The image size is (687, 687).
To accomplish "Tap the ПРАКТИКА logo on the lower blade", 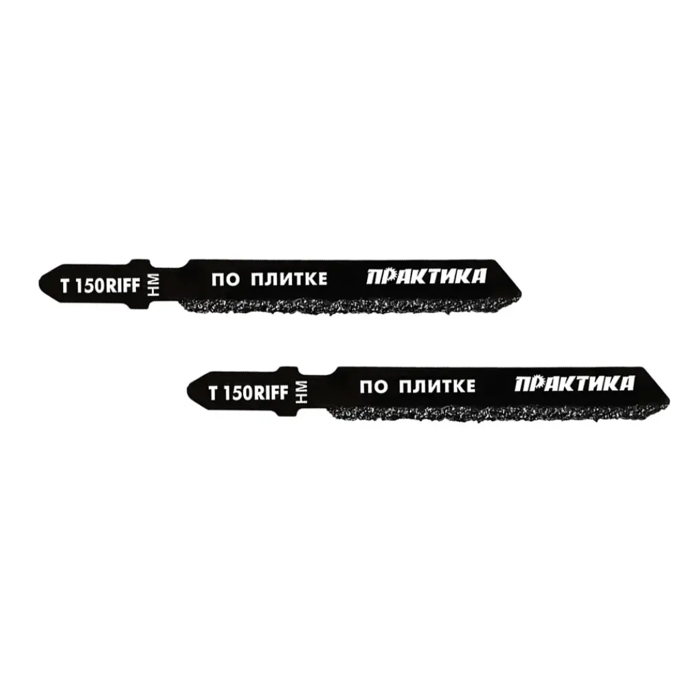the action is (x=574, y=384).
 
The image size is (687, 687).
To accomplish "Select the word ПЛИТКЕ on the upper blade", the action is (x=289, y=280).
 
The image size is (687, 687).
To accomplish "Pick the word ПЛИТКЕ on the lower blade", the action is (x=437, y=386).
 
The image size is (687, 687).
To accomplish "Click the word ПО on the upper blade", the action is (x=225, y=280).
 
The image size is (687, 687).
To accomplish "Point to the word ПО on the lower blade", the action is (x=373, y=387).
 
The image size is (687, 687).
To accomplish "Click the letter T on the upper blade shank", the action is (x=65, y=286).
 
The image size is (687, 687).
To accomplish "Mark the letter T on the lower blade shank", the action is (x=214, y=394).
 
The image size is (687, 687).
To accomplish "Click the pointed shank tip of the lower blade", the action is (x=188, y=390).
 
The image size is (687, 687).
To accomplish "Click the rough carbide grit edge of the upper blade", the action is (x=346, y=306).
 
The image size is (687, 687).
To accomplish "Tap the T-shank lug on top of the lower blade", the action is (x=292, y=371).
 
